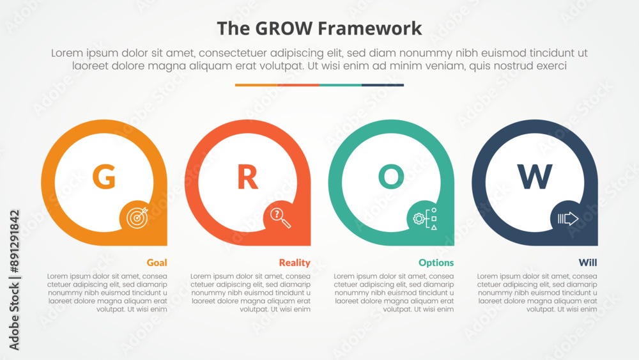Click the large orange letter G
point(104,176)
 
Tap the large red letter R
point(248,176)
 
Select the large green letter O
point(391,176)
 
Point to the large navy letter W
point(535,176)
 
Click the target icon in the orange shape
point(137,217)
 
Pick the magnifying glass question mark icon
point(281,217)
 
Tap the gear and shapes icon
point(425,219)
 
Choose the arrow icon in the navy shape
point(567,219)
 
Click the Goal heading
point(157,263)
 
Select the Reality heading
point(295,263)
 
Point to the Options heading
point(436,263)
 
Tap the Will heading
point(588,263)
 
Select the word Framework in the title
point(369,29)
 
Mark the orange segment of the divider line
point(256,85)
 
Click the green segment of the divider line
point(341,85)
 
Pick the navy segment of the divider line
point(383,85)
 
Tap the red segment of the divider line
point(298,85)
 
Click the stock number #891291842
point(14,241)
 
